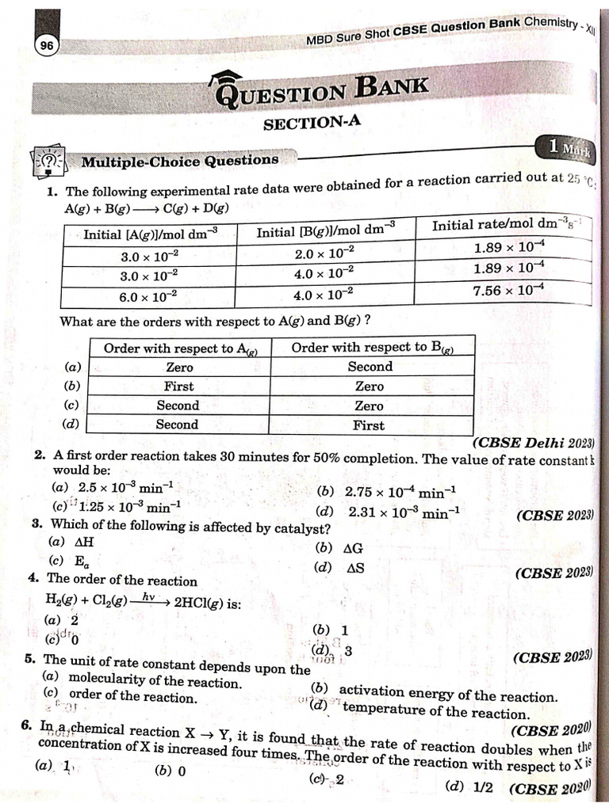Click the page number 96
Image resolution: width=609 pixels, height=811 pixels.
[x=47, y=47]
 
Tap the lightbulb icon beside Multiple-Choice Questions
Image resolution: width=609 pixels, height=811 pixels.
[x=49, y=162]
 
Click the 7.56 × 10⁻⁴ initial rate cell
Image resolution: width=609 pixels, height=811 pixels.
[x=508, y=291]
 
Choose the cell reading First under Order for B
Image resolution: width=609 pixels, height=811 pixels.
[x=369, y=425]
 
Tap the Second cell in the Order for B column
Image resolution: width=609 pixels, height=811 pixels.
[x=370, y=367]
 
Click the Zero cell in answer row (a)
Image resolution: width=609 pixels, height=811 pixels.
[x=179, y=367]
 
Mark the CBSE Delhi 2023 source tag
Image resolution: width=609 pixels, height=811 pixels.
[x=534, y=443]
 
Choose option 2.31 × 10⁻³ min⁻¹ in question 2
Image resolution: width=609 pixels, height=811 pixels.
[x=404, y=512]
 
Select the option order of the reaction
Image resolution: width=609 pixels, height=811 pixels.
[x=132, y=697]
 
